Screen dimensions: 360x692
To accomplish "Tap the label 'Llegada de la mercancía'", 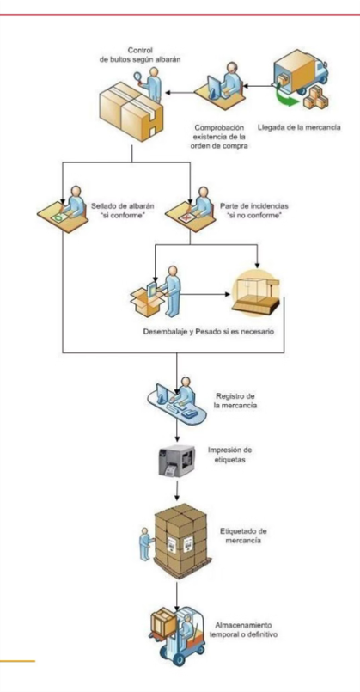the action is click(x=299, y=128).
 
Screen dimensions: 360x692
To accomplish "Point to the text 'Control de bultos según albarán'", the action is click(x=140, y=56).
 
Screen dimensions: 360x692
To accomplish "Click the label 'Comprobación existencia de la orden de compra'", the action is click(x=218, y=137).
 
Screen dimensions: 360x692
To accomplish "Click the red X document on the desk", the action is click(x=186, y=217).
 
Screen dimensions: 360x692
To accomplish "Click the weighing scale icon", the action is click(x=256, y=293).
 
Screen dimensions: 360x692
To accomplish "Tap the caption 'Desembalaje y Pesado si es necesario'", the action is click(x=208, y=331).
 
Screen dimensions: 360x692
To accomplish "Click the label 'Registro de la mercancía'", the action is click(x=235, y=401).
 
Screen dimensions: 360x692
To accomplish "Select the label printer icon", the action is click(x=176, y=461).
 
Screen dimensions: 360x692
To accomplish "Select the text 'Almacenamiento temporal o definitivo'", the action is click(x=247, y=630).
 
